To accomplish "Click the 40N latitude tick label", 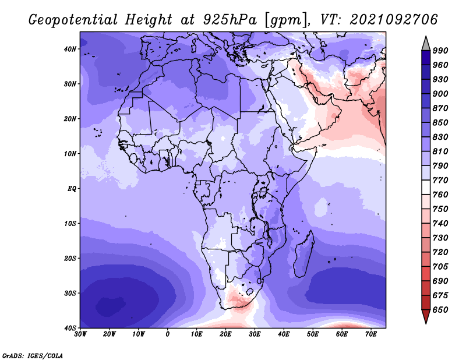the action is coord(70,49).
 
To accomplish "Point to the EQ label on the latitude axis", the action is coord(72,189).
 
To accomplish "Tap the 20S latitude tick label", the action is coord(70,258).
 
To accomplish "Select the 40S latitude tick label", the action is coord(70,328).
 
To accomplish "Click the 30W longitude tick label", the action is coord(80,334).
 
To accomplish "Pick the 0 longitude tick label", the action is coord(168,334).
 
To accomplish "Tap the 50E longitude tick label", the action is coord(313,334).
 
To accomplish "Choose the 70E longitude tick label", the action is coord(371,334).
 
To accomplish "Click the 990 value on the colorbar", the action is coord(440,51).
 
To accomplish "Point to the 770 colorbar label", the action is coord(440,180).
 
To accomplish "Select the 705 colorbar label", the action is coord(440,267).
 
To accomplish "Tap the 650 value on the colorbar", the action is coord(440,310).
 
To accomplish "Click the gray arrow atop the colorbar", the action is coord(426,45).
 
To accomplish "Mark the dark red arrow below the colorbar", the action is coord(426,316).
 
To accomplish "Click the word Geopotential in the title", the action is coord(73,20).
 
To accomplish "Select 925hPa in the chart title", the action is coord(230,20).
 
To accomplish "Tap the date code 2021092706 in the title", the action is coord(394,20).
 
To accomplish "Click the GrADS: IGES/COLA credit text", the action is coord(33,356).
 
